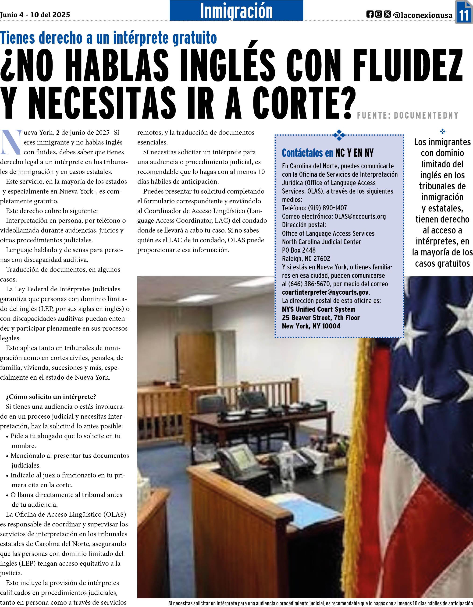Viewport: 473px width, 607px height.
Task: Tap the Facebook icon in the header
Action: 370,14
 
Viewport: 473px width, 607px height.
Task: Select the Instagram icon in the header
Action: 378,14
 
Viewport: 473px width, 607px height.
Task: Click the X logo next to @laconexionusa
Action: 387,14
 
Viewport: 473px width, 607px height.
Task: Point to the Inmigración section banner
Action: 236,11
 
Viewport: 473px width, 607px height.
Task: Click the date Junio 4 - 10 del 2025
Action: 35,14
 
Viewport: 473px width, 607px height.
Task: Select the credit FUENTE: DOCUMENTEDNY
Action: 408,115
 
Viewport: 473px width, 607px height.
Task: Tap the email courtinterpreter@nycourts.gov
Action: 325,292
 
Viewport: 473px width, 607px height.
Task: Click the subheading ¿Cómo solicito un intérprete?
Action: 51,397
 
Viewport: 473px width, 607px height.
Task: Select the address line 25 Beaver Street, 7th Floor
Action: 321,318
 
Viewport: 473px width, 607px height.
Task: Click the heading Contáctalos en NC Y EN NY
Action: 327,153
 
